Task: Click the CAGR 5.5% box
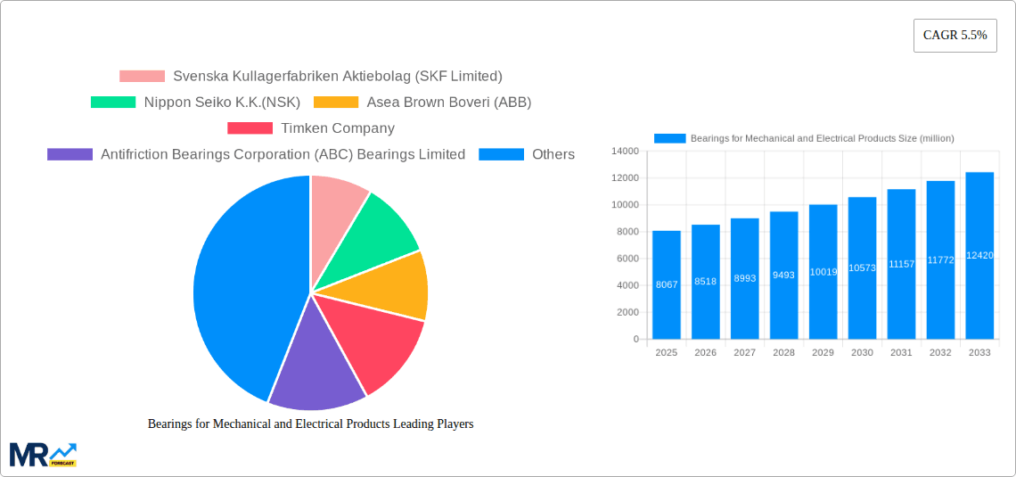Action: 955,36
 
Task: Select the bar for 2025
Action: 667,285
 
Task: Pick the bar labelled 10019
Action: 823,272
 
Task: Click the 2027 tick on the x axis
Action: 744,353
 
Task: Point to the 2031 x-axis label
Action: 901,353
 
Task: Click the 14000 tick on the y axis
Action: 625,152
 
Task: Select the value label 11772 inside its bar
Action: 940,260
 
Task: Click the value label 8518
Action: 706,282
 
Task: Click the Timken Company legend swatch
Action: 250,128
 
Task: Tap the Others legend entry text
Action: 553,154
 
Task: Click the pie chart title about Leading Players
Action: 310,424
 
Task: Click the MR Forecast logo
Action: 43,454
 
